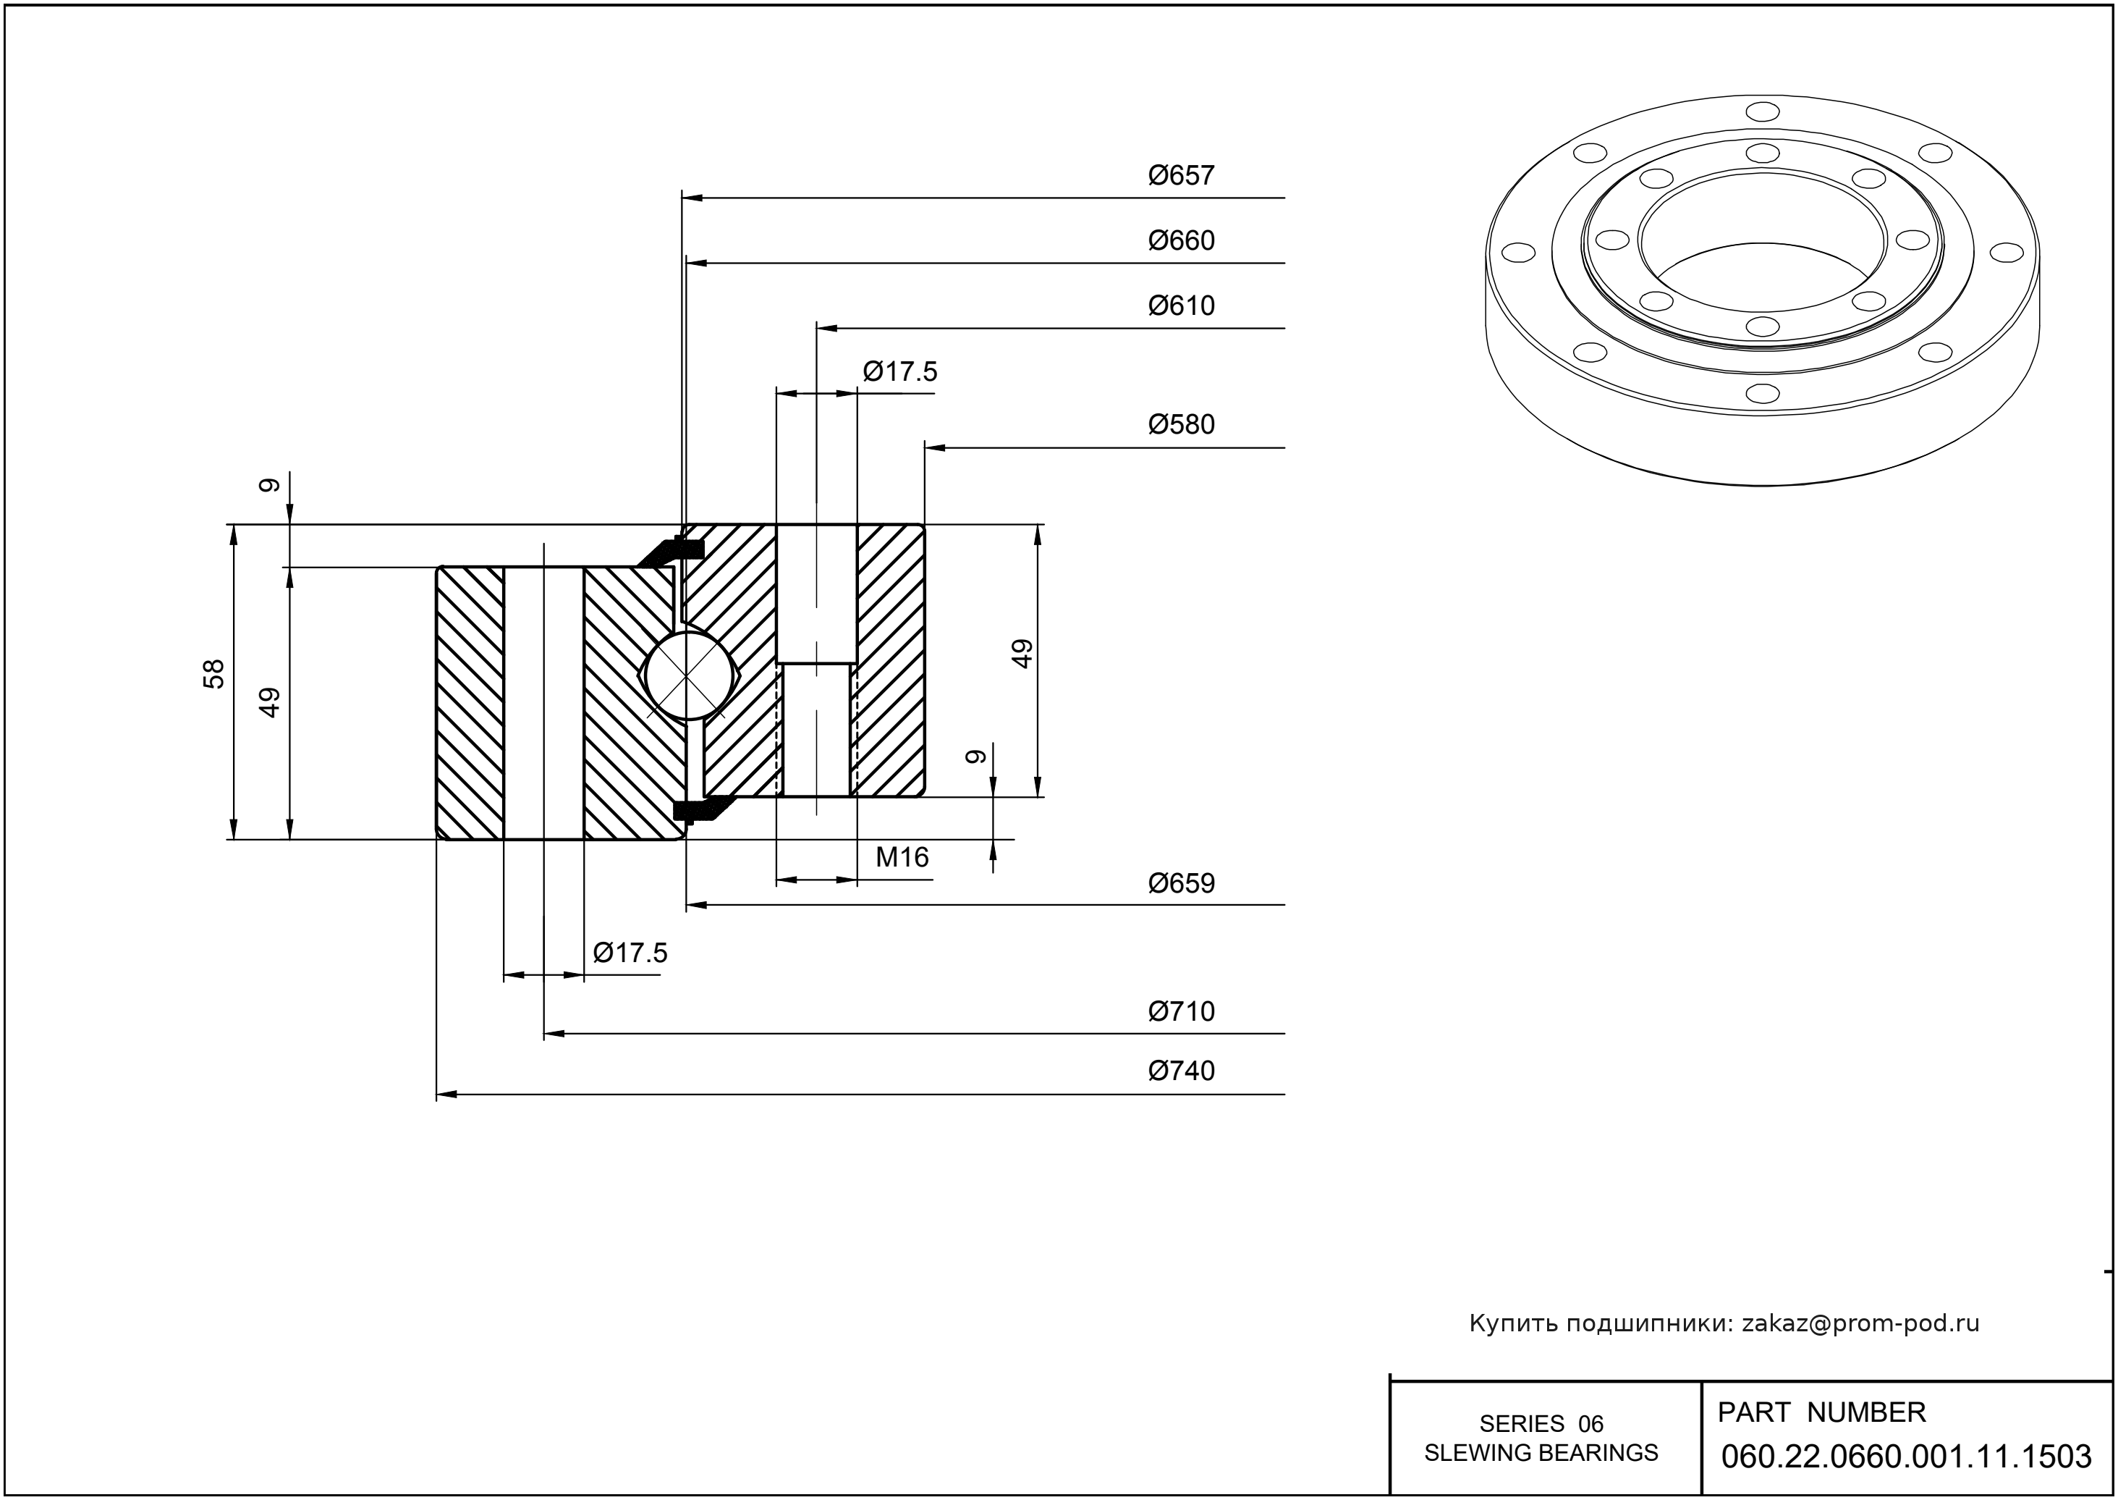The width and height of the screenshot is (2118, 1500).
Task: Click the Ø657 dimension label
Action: (1181, 175)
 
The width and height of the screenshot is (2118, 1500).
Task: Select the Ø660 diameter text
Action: (1181, 241)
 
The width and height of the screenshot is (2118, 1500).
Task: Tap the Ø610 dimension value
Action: (1181, 306)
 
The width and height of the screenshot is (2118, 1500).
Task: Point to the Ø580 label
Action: (1181, 425)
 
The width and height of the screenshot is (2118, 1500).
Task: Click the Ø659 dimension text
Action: (1181, 884)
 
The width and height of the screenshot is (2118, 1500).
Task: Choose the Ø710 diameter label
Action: (1181, 1011)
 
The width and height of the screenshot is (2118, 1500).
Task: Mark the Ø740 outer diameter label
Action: (1181, 1071)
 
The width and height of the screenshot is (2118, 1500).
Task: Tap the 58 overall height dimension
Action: (214, 673)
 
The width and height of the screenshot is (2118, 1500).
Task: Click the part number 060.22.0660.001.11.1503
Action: (1906, 1457)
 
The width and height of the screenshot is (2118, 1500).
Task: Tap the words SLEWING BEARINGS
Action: (1541, 1453)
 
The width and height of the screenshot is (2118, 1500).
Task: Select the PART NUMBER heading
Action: (1821, 1413)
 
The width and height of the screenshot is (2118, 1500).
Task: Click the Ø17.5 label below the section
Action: (630, 953)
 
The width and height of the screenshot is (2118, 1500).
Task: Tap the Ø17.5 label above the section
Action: (899, 372)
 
